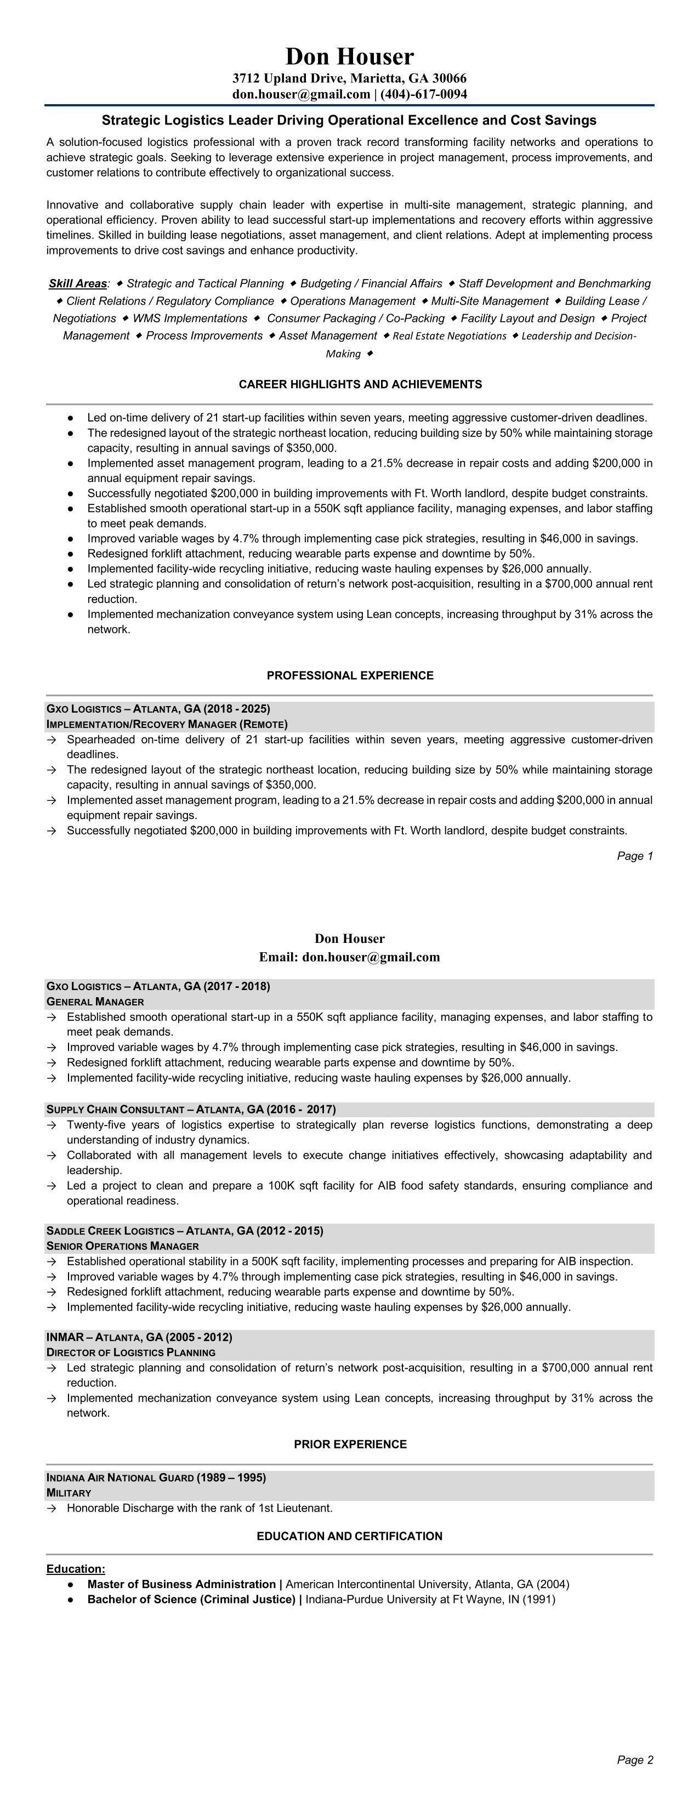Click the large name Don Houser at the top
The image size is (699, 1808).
(350, 56)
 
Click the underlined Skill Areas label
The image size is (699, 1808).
(78, 283)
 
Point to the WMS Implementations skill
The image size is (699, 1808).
(190, 318)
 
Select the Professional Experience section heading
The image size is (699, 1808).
(350, 675)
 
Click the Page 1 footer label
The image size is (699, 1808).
(634, 856)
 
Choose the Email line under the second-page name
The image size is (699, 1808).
(350, 957)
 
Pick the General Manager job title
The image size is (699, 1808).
(95, 1002)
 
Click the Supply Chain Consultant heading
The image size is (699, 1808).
(116, 1109)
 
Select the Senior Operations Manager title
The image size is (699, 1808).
(122, 1246)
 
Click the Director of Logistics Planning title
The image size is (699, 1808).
(130, 1352)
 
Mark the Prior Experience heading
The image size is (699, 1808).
(350, 1444)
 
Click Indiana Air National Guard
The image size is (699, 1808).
(120, 1477)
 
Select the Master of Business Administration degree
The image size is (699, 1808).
(181, 1584)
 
